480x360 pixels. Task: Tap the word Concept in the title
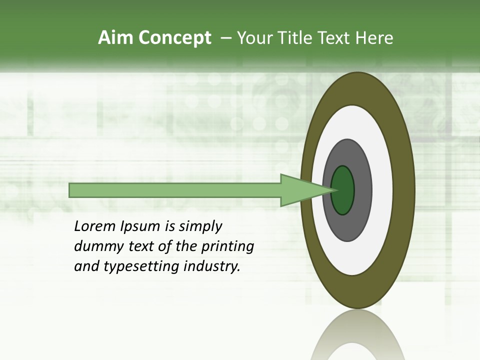click(175, 38)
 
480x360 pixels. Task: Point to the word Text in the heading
click(336, 38)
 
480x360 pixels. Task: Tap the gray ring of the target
click(362, 190)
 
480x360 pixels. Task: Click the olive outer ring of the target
click(404, 190)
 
